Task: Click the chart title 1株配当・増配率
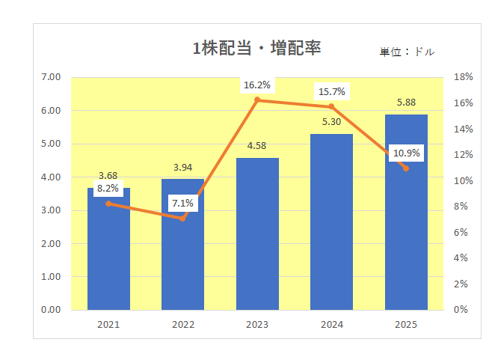(x=257, y=49)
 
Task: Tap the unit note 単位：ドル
(x=406, y=52)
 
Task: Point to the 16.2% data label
(x=257, y=85)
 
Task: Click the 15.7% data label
(x=331, y=92)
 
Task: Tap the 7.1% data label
(x=182, y=203)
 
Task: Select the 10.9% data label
(x=407, y=153)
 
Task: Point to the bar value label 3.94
(x=182, y=167)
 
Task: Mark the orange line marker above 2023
(x=257, y=100)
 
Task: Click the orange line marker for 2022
(x=182, y=218)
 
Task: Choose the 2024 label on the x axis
(x=331, y=325)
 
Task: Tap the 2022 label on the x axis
(x=182, y=325)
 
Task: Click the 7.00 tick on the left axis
(x=51, y=77)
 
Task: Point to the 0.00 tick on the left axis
(x=51, y=309)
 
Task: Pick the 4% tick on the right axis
(x=461, y=257)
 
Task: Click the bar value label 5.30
(x=331, y=122)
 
